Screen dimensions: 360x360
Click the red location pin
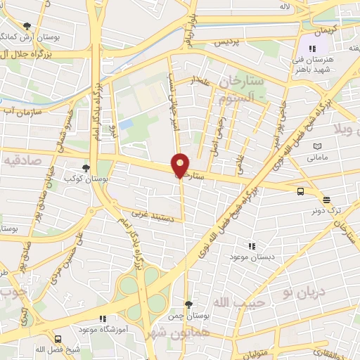point(180,165)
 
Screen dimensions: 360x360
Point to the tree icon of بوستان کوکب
point(86,168)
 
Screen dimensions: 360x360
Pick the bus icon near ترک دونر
point(301,191)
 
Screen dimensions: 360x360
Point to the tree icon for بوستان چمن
point(188,304)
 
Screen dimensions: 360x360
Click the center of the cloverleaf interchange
point(143,294)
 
